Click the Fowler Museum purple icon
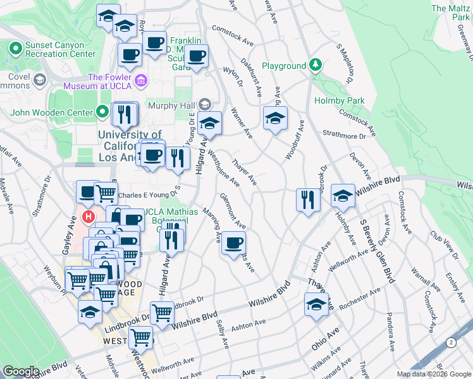pyautogui.click(x=141, y=80)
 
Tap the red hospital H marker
pyautogui.click(x=89, y=218)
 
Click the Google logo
pyautogui.click(x=21, y=371)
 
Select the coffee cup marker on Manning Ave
pyautogui.click(x=233, y=242)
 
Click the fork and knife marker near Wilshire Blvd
pyautogui.click(x=308, y=200)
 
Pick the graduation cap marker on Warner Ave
pyautogui.click(x=275, y=118)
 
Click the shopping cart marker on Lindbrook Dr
pyautogui.click(x=163, y=312)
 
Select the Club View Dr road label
pyautogui.click(x=444, y=244)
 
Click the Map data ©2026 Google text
pyautogui.click(x=434, y=374)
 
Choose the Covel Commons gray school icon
pyautogui.click(x=40, y=80)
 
